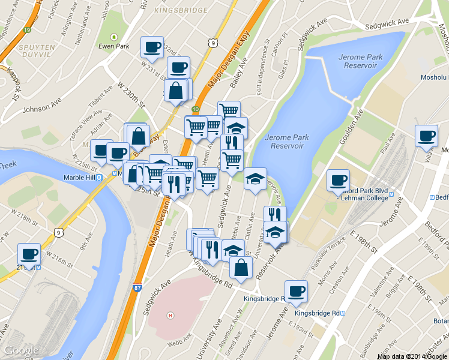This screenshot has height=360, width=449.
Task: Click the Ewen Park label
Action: click(x=114, y=46)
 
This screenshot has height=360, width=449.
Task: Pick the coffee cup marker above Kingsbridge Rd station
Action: click(x=296, y=291)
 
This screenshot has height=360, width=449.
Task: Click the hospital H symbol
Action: click(x=170, y=315)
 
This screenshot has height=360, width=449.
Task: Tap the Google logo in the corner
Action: click(x=22, y=350)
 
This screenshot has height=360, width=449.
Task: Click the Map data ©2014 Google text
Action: click(x=412, y=356)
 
